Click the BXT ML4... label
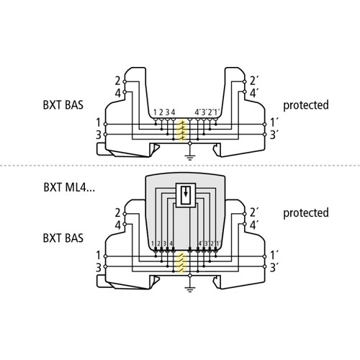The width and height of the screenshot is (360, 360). coord(69,187)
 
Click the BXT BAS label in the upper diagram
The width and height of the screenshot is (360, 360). coord(63,105)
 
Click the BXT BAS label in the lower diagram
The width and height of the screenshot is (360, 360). coord(63,238)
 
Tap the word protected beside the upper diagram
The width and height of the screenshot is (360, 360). coord(306,106)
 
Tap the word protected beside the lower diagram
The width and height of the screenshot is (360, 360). coord(306,213)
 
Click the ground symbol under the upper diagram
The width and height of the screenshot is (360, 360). coord(190,158)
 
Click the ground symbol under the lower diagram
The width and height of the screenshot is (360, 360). coord(190,289)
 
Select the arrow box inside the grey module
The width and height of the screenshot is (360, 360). coord(186,195)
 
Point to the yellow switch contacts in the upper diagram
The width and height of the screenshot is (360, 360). coord(182,131)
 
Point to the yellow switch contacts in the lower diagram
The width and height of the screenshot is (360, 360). coord(182,263)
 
